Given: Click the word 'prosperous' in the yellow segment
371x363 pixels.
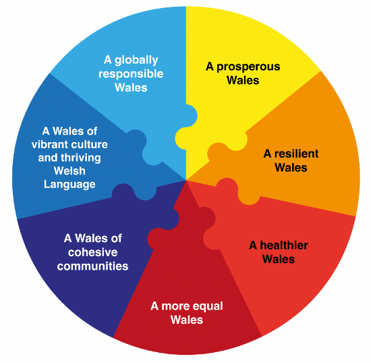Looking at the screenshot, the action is click(248, 68).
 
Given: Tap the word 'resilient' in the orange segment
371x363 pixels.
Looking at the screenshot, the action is click(297, 153).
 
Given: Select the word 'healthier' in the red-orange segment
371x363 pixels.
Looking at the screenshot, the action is click(284, 245).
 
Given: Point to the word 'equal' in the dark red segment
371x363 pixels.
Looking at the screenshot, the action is click(208, 307).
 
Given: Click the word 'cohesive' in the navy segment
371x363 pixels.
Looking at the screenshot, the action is click(93, 252).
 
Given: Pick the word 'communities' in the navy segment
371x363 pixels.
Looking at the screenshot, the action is click(93, 266).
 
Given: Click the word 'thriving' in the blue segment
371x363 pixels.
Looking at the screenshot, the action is click(81, 158).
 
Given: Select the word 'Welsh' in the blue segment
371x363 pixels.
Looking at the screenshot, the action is click(69, 171).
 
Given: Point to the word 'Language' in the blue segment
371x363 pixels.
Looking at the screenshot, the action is click(69, 185).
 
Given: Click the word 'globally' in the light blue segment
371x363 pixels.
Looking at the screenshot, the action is click(136, 60).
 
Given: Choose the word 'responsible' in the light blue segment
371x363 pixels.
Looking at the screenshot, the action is click(131, 74).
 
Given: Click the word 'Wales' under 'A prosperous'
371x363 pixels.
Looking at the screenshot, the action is click(243, 80).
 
